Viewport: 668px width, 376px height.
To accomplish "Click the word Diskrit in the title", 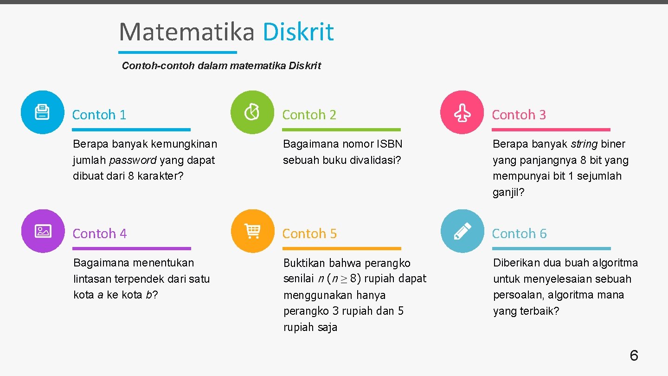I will [x=298, y=32].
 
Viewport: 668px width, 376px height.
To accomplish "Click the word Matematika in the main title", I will [x=186, y=32].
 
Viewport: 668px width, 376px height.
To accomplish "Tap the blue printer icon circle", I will [x=43, y=112].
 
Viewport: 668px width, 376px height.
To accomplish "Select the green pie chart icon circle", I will [x=252, y=112].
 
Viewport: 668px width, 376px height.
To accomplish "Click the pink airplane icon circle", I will [x=462, y=112].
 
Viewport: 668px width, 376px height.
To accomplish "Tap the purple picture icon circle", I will [x=43, y=231].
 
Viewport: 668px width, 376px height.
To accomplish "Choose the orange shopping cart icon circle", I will [x=253, y=231].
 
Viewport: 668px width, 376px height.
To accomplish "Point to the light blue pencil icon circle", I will [x=462, y=231].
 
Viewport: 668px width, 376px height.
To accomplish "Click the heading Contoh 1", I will [x=99, y=115].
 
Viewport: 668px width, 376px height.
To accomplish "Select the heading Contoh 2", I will [x=309, y=115].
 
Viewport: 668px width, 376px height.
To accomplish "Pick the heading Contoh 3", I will [x=519, y=115].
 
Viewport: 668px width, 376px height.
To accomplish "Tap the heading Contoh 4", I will [x=99, y=233].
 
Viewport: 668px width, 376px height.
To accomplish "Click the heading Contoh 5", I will [x=309, y=233].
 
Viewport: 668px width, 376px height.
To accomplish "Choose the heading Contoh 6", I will [x=519, y=233].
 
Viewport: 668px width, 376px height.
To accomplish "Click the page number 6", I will [x=634, y=356].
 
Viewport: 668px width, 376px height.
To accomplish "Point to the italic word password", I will [x=133, y=161].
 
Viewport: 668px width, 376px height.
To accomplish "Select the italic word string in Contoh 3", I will [x=584, y=144].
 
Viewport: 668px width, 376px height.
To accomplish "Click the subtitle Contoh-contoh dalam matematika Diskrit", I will [x=221, y=66].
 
